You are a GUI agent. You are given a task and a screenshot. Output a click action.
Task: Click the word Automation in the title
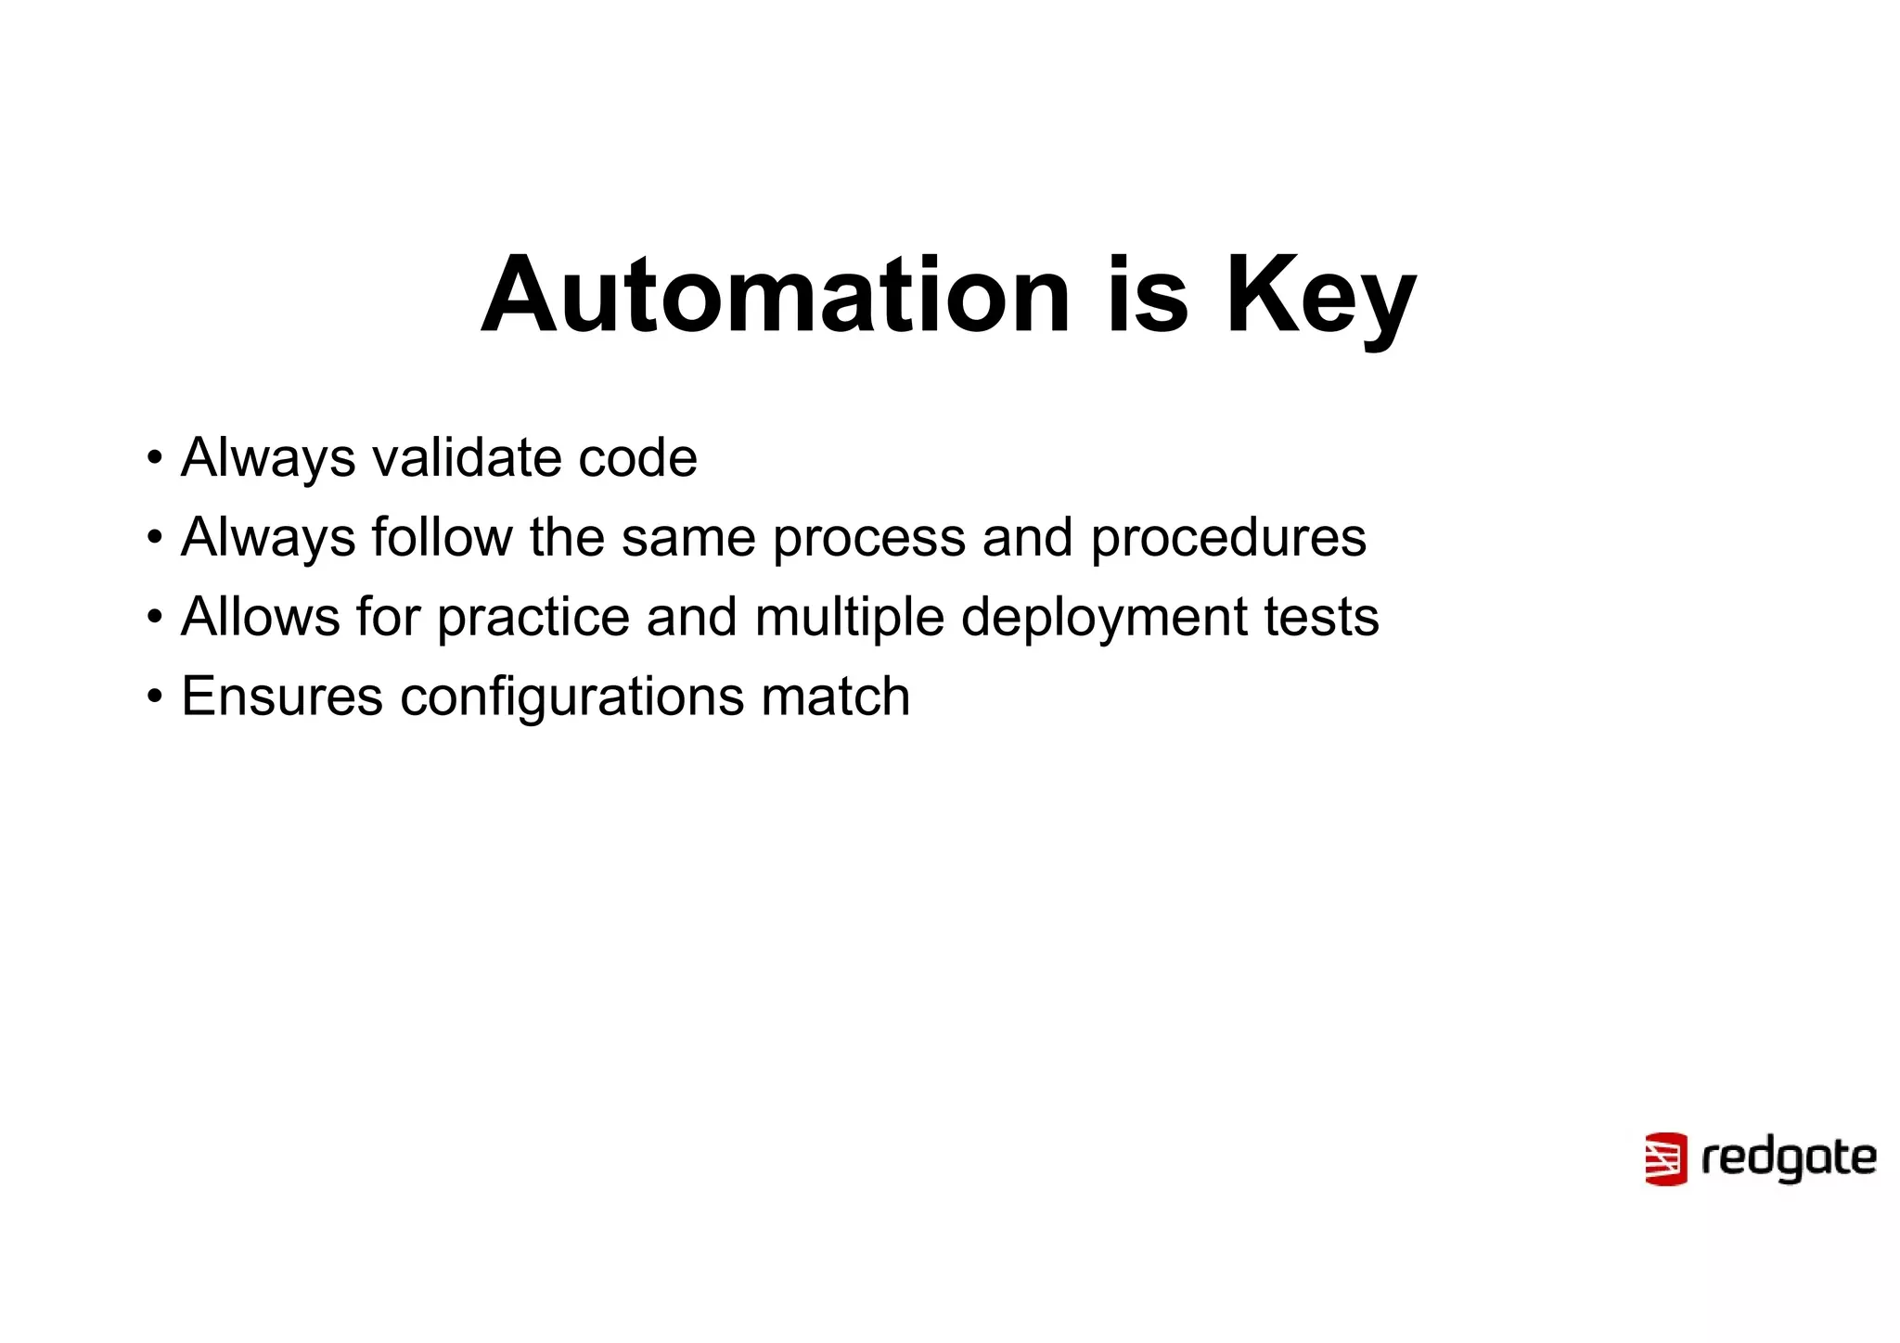[x=776, y=295]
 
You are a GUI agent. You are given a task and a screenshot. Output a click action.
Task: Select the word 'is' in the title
[x=1148, y=295]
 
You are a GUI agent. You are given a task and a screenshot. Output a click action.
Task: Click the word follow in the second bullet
[x=443, y=537]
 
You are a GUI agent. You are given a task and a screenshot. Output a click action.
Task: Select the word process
[x=869, y=539]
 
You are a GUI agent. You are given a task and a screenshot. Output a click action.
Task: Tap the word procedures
[x=1227, y=539]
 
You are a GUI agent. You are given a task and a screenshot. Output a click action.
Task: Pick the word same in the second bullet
[x=688, y=537]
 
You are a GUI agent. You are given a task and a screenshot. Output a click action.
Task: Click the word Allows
[x=261, y=617]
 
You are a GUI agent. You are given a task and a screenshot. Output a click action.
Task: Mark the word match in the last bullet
[x=835, y=697]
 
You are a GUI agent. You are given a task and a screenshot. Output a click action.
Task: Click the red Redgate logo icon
[x=1665, y=1158]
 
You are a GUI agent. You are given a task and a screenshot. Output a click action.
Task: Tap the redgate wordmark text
[x=1788, y=1159]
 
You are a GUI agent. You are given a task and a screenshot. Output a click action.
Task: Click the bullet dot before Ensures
[x=155, y=696]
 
